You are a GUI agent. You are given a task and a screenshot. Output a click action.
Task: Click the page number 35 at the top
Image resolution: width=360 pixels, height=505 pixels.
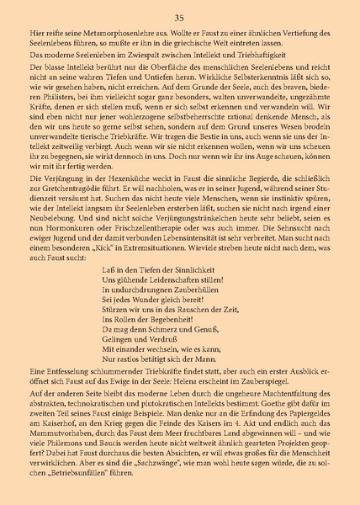(x=179, y=18)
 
